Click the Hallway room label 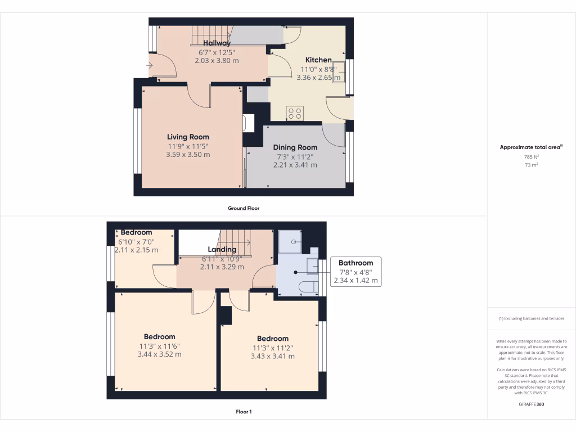pos(217,43)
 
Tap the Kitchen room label pos(318,60)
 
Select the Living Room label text pos(188,137)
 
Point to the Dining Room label pos(295,147)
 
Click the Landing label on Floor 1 pos(222,250)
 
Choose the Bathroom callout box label pos(355,263)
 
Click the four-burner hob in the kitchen pos(295,113)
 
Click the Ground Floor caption pos(243,208)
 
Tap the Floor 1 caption pos(244,412)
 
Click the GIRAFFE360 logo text pos(532,404)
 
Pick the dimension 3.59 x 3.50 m pos(188,154)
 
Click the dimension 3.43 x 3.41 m pos(272,356)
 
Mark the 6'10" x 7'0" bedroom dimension pos(136,242)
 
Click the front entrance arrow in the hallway pos(149,66)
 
